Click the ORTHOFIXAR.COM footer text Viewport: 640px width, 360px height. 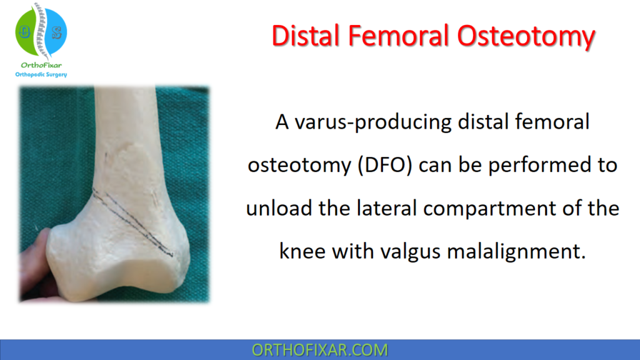tap(319, 350)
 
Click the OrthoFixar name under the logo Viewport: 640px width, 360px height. tap(41, 65)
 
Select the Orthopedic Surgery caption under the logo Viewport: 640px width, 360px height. tap(42, 75)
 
